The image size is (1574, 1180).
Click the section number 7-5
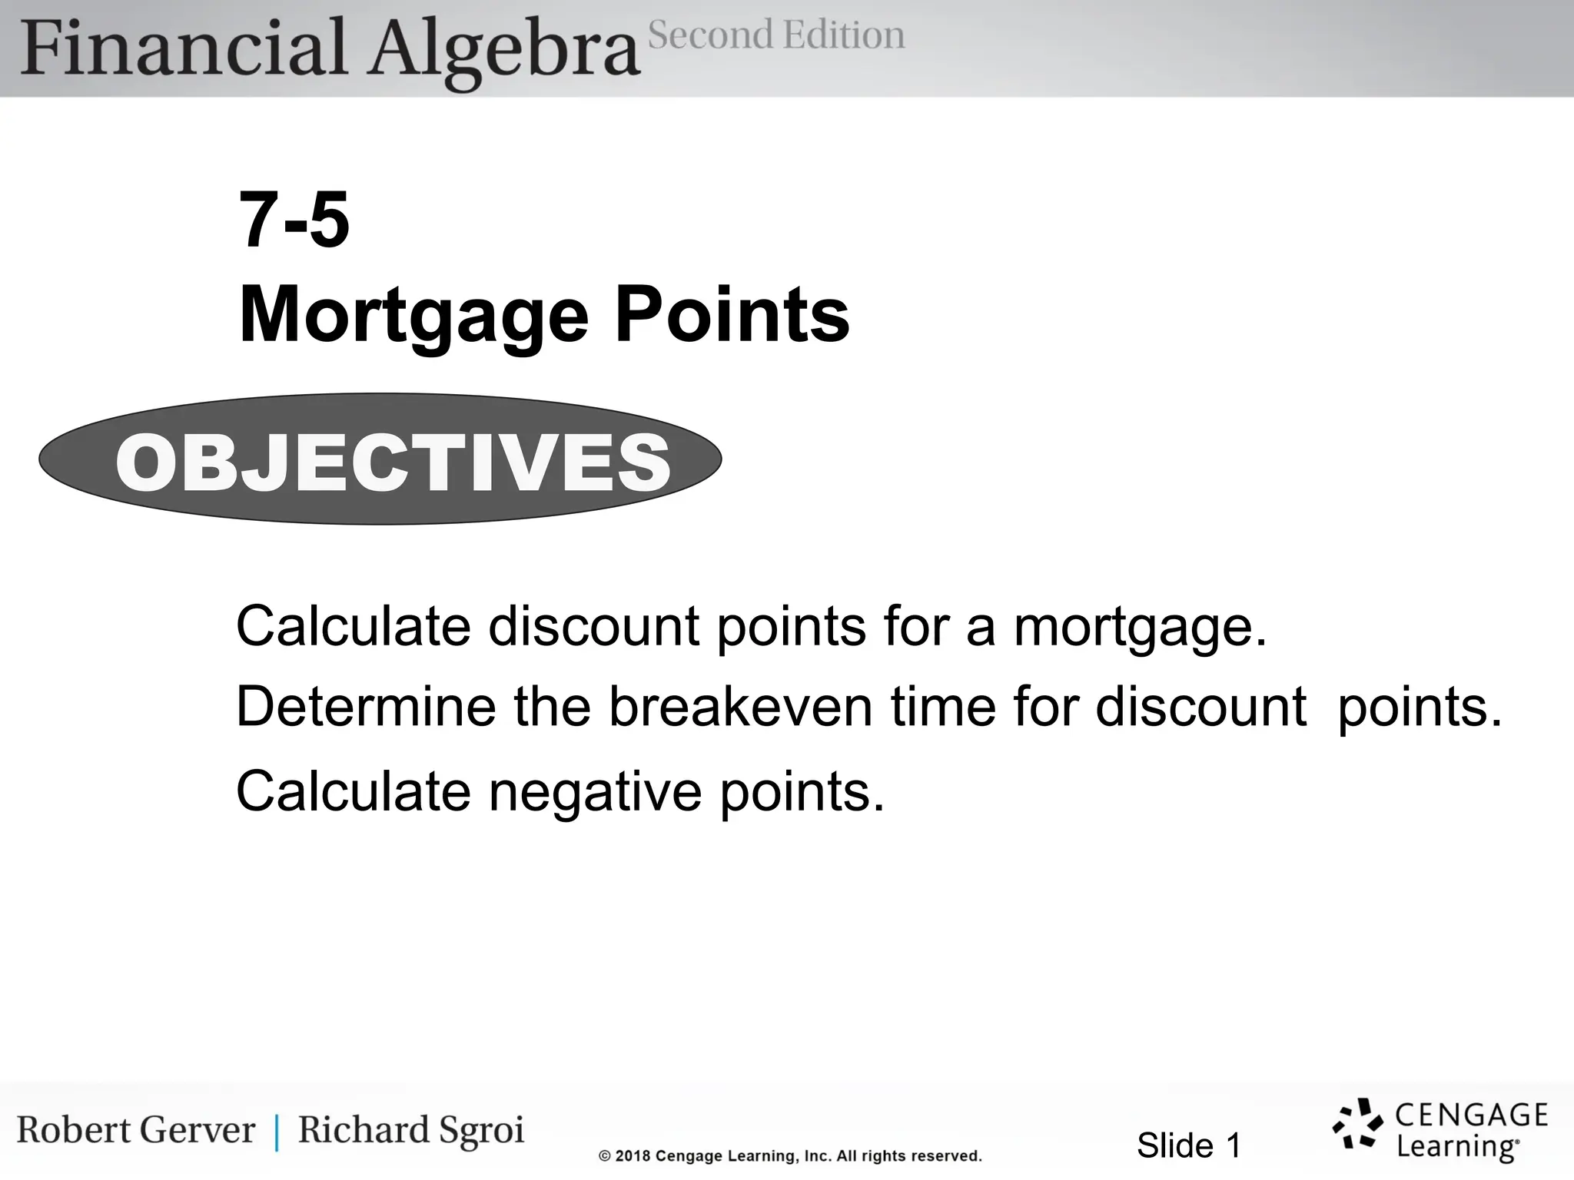coord(294,220)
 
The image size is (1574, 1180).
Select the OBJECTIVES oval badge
coord(380,459)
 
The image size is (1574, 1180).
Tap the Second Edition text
coord(776,35)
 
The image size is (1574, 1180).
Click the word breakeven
coord(740,707)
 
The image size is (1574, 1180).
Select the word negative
coord(595,792)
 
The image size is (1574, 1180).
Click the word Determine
coord(366,707)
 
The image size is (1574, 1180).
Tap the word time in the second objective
coord(943,707)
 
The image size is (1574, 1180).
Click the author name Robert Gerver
coord(136,1130)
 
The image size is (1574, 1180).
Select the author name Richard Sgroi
coord(411,1130)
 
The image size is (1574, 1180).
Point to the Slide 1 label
coord(1188,1145)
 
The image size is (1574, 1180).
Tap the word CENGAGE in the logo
coord(1471,1115)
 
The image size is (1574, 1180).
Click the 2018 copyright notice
coord(790,1155)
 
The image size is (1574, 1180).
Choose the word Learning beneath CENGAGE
coord(1456,1147)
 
